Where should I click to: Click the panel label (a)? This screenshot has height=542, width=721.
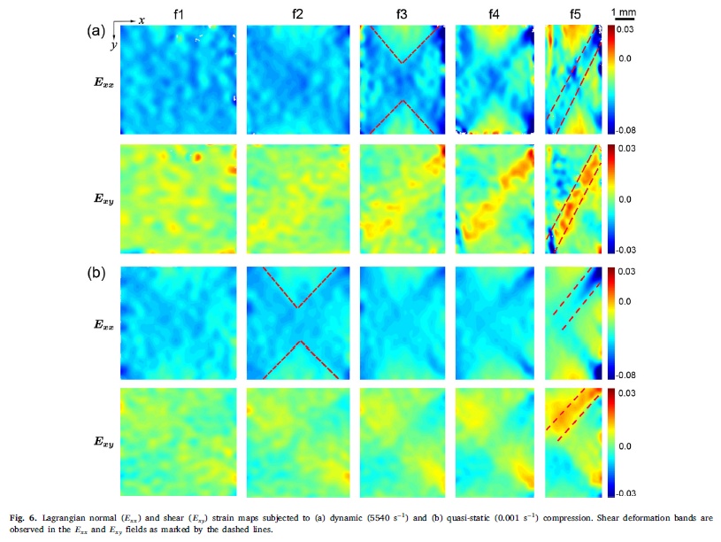tap(96, 31)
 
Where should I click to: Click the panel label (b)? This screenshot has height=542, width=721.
tap(96, 274)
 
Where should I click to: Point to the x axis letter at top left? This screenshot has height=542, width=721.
tap(142, 19)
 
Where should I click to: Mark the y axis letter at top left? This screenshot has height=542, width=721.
tap(113, 45)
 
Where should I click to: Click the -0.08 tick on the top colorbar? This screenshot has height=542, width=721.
tap(624, 130)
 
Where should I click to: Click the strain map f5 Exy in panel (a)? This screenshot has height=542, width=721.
tap(574, 199)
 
